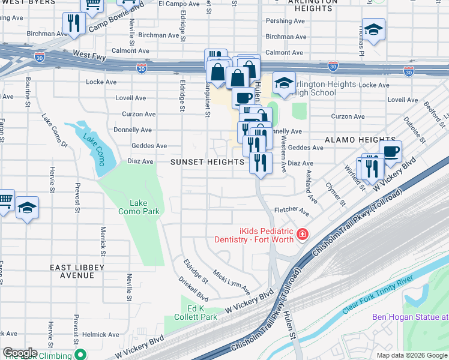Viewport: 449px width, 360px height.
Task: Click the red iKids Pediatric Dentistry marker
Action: coord(303,233)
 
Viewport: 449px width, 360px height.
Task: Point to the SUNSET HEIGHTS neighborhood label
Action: coord(207,162)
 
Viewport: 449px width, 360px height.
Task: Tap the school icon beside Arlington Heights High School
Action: coord(284,83)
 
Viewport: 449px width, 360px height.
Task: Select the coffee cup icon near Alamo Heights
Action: coord(390,151)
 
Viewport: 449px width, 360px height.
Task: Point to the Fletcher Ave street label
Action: coord(291,212)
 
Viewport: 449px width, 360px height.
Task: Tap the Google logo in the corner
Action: coord(20,353)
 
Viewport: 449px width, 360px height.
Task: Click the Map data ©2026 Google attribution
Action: coord(411,355)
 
